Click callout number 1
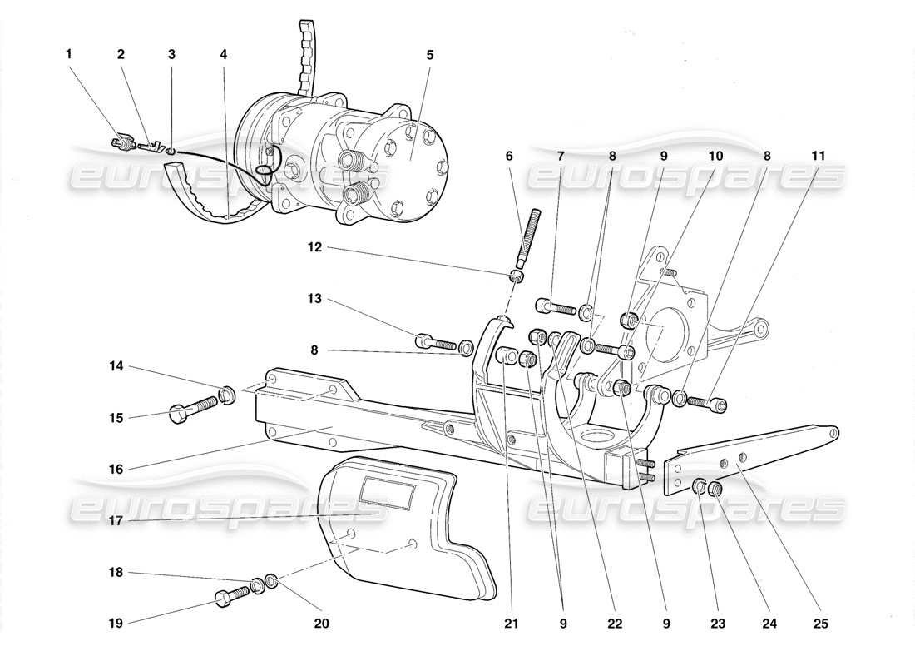click(69, 54)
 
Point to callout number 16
click(116, 470)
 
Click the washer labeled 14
click(226, 393)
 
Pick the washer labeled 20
click(271, 579)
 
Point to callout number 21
click(505, 623)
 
